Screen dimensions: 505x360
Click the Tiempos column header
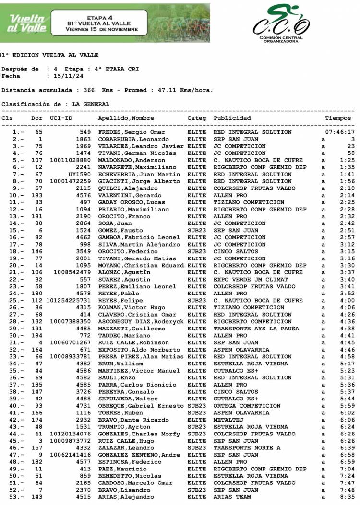338,118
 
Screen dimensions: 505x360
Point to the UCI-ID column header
61,118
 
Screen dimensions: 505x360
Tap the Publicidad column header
232,118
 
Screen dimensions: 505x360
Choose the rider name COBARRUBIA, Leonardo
133,139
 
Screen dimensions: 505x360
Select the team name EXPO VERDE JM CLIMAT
251,279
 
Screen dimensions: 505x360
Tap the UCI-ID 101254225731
70,300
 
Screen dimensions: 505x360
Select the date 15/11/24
68,76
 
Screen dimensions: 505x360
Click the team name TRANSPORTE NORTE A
247,447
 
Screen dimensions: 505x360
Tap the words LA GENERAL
91,104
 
